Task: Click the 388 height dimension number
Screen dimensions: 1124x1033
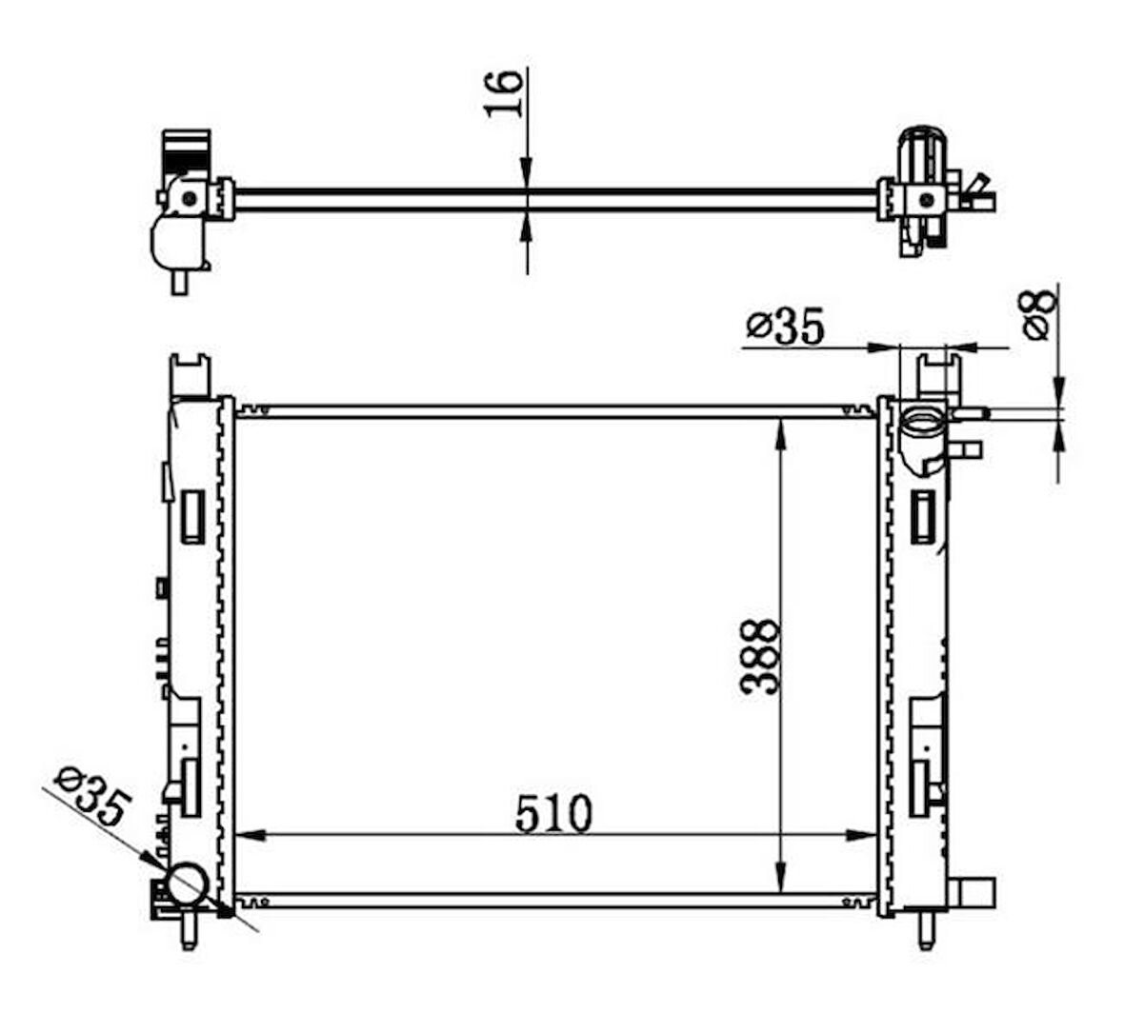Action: click(x=759, y=656)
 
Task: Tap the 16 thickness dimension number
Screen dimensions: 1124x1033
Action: click(x=503, y=93)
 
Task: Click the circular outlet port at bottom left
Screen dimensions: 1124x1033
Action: click(x=187, y=884)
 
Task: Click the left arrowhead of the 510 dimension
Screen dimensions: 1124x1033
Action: click(x=251, y=835)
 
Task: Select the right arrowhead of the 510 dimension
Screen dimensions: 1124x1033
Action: click(x=861, y=835)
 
